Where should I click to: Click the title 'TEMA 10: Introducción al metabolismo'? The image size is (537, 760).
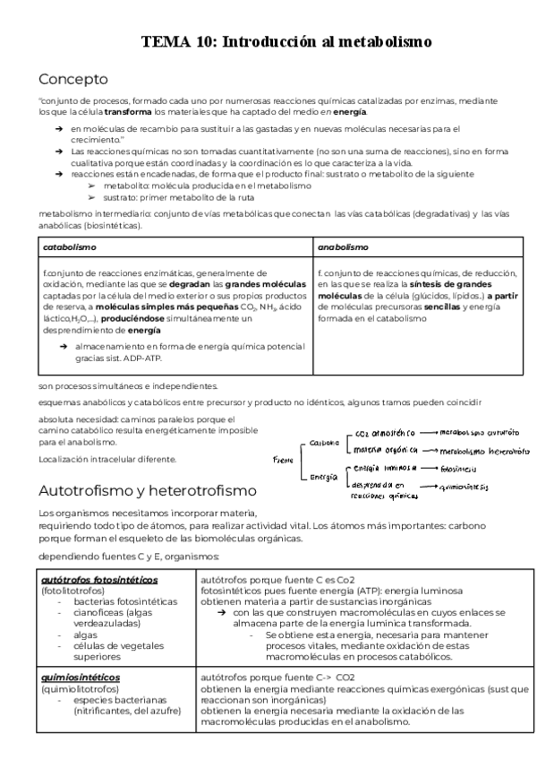click(x=286, y=41)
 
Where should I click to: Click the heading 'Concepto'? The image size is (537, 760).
click(x=74, y=78)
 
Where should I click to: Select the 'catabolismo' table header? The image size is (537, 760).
click(x=70, y=246)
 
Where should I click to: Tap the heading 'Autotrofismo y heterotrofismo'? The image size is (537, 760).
click(x=148, y=491)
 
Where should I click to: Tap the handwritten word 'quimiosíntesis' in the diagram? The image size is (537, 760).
click(x=471, y=488)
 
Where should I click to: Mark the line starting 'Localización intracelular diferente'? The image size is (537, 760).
click(x=107, y=459)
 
